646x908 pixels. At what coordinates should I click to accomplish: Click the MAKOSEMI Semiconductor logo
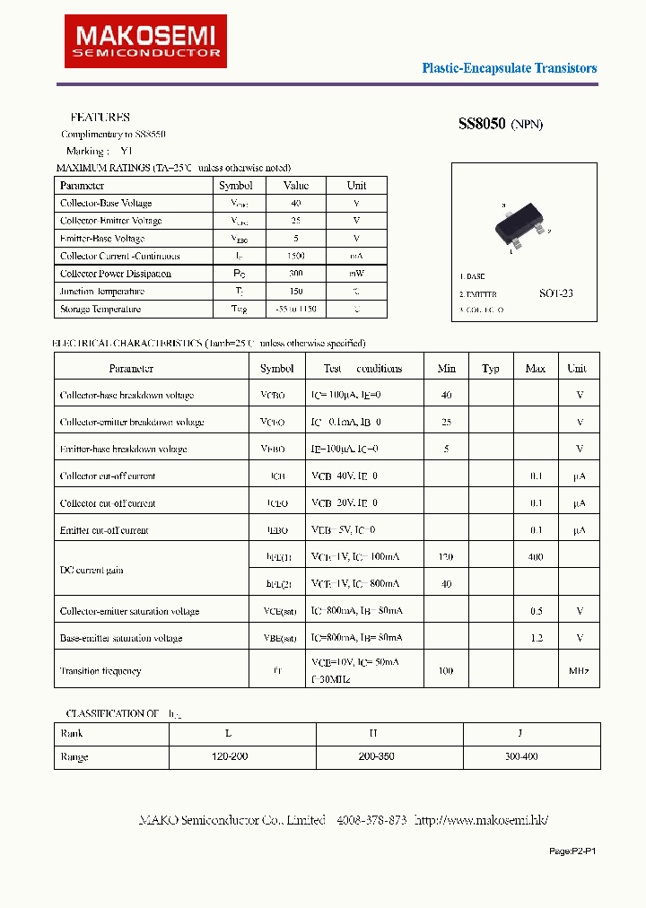(x=145, y=41)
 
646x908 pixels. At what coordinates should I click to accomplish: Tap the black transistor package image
(x=520, y=227)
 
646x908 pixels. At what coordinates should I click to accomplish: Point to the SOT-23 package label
(x=556, y=293)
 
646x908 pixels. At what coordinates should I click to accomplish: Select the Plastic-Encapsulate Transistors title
(x=509, y=68)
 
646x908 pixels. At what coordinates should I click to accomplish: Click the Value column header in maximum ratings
(x=295, y=185)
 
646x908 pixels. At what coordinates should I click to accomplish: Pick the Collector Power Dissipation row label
(x=116, y=274)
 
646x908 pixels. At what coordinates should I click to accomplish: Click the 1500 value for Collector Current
(x=295, y=257)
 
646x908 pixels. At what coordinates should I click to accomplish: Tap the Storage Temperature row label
(x=100, y=309)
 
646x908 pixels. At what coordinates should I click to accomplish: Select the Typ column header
(x=490, y=369)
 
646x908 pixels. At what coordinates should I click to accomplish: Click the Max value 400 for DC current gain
(x=536, y=557)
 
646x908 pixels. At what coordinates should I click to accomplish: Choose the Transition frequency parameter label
(x=100, y=671)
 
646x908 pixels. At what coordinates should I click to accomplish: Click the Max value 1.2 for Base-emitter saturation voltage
(x=536, y=638)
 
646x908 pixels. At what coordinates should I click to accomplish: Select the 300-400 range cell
(x=520, y=757)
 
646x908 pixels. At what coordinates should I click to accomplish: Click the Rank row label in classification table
(x=72, y=733)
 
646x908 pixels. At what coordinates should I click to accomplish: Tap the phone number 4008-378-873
(x=371, y=820)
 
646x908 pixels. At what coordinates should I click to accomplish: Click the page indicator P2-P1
(x=572, y=851)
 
